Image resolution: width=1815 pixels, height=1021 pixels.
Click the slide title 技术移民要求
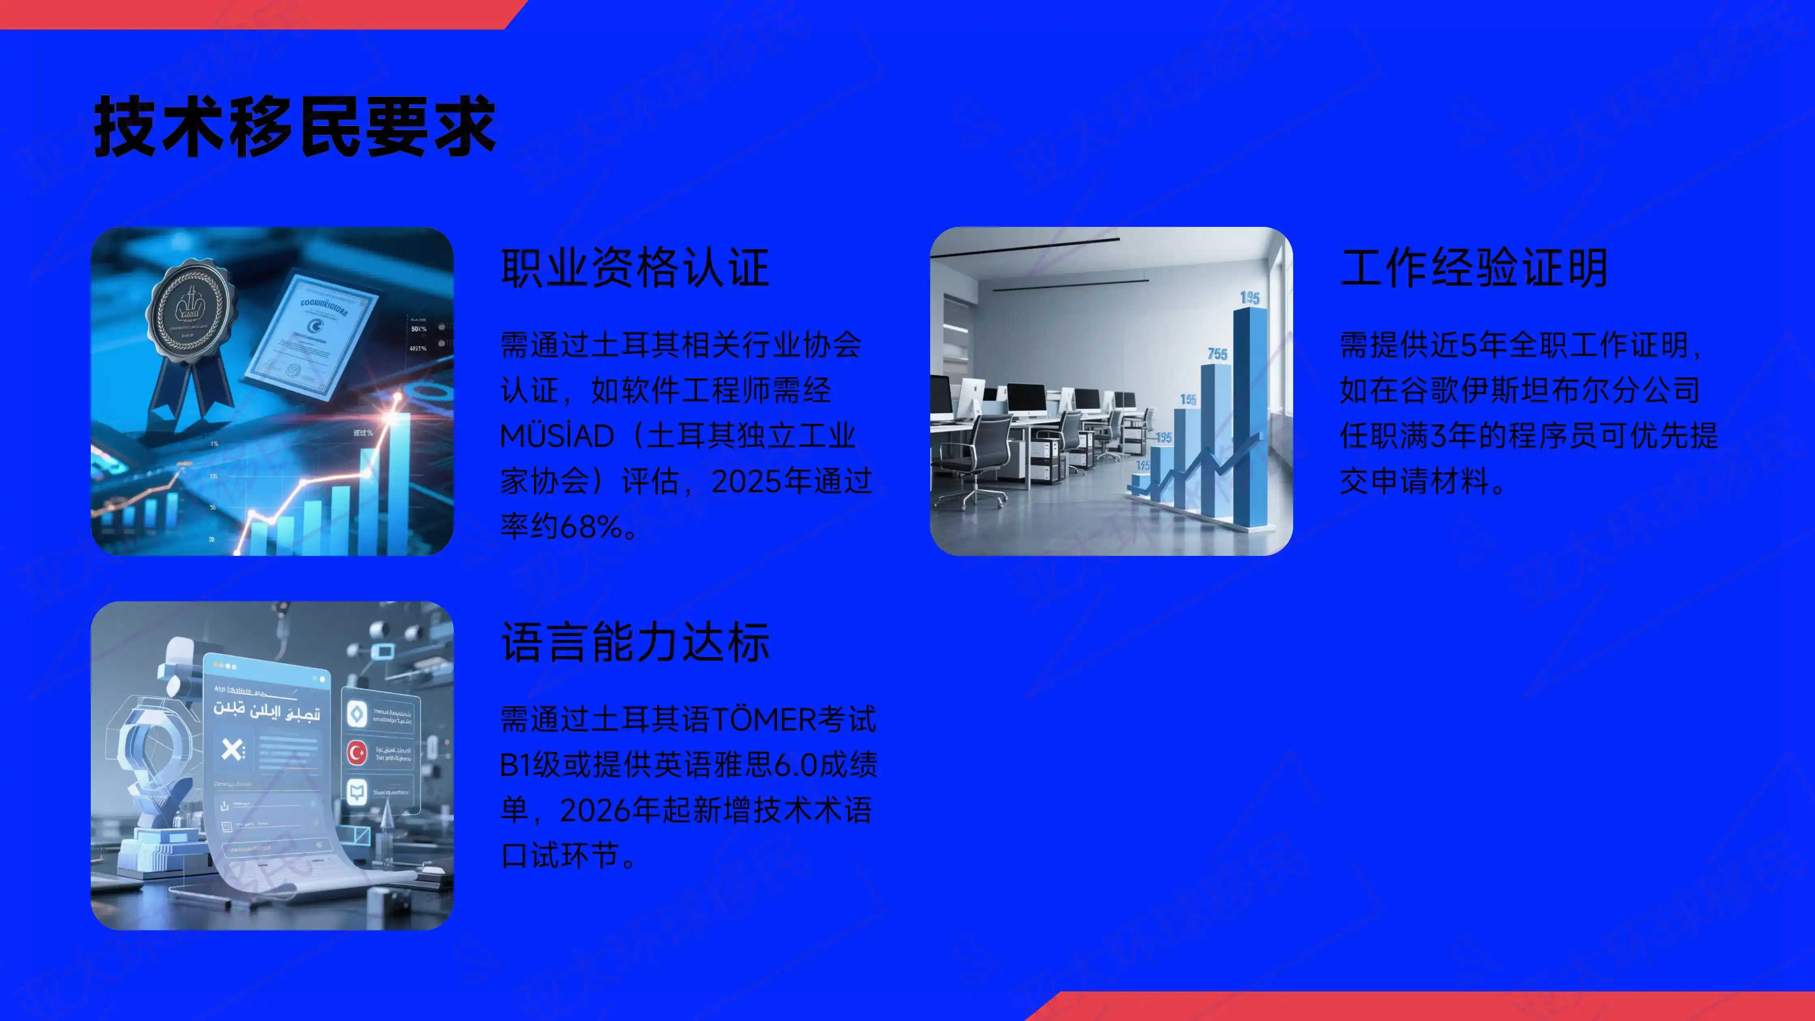click(x=295, y=127)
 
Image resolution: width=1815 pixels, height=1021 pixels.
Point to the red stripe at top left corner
click(x=254, y=14)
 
